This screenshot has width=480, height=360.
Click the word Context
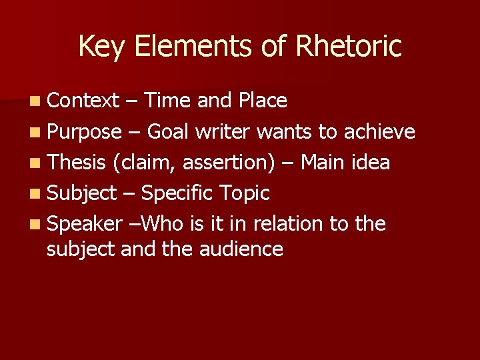click(x=83, y=101)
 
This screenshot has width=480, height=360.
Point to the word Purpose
click(x=85, y=131)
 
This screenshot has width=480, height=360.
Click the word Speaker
click(x=85, y=224)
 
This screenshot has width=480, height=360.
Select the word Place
click(x=263, y=101)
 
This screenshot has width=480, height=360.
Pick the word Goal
click(x=168, y=131)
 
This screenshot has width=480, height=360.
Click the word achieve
click(x=379, y=131)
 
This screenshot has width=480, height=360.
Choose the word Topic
click(x=245, y=193)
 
